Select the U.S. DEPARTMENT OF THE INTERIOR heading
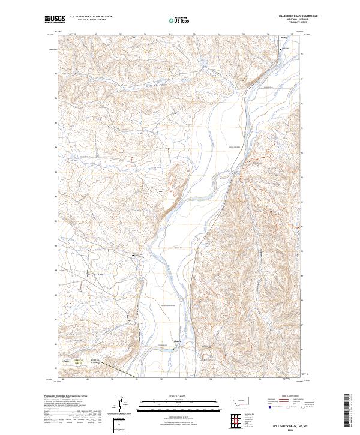(90, 17)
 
